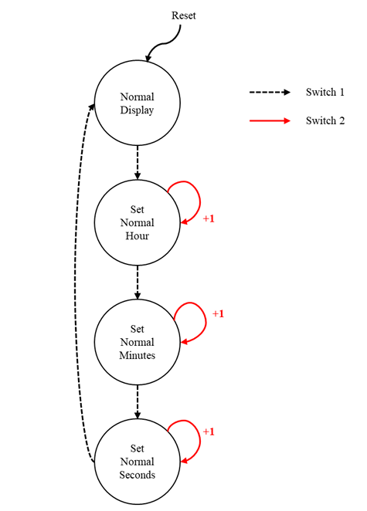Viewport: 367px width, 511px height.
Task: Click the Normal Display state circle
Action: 137,103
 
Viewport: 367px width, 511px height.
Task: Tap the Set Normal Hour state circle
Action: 137,222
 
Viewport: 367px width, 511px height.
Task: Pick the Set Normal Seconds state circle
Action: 137,461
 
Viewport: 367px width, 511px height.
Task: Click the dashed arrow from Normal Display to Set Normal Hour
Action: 137,162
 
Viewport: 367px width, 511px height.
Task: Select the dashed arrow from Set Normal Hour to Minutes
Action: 137,282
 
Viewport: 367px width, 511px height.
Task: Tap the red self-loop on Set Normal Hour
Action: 193,197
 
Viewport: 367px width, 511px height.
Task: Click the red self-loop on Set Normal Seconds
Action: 193,436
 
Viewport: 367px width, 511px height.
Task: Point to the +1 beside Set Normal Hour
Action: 208,219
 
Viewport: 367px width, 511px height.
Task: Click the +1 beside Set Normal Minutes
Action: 218,314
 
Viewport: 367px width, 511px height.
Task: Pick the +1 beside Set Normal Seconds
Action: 208,431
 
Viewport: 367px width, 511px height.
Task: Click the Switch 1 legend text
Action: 325,92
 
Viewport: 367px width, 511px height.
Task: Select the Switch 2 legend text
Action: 325,120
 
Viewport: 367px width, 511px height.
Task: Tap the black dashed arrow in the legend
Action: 269,92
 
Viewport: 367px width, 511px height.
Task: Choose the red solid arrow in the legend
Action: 269,120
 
